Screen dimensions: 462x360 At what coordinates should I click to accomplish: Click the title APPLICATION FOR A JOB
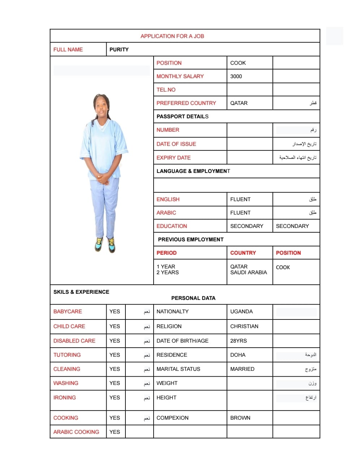[172, 36]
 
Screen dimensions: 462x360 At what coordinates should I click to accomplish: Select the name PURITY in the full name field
[119, 50]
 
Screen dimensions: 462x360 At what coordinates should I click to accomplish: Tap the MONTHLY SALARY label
[180, 76]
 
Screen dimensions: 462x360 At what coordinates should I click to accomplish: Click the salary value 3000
[236, 76]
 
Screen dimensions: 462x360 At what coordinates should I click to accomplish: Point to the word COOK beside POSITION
[238, 63]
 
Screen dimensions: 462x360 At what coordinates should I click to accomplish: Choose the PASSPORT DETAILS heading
[182, 116]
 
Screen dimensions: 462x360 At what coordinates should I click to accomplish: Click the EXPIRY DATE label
[173, 158]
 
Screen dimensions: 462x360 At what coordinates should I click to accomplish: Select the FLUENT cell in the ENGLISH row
[240, 199]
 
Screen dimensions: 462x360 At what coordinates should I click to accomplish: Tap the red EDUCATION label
[172, 226]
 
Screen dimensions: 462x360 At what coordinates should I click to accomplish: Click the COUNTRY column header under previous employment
[243, 253]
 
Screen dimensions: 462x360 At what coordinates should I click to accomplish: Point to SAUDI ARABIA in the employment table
[248, 272]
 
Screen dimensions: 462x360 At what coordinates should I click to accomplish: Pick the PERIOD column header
[167, 253]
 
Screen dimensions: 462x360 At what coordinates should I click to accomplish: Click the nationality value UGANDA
[241, 311]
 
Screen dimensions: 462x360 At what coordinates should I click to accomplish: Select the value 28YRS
[239, 341]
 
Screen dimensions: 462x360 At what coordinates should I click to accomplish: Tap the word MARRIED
[242, 369]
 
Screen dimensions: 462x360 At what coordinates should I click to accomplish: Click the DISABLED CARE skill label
[74, 341]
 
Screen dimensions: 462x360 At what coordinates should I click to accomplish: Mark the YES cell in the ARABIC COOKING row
[115, 432]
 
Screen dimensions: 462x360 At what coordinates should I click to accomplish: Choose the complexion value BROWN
[240, 418]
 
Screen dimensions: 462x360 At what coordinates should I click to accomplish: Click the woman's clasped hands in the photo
[103, 178]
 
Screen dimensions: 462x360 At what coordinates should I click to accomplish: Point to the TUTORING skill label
[67, 355]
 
